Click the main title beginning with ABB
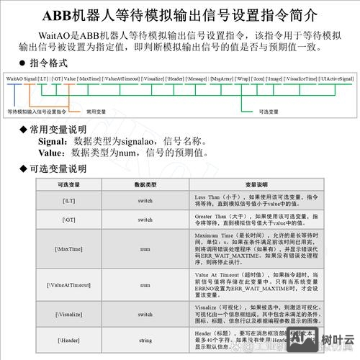pyautogui.click(x=179, y=15)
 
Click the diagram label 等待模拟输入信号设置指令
pyautogui.click(x=37, y=112)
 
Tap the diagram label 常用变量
pyautogui.click(x=96, y=112)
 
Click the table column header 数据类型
pyautogui.click(x=145, y=185)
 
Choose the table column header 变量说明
pyautogui.click(x=256, y=185)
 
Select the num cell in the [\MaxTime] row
pyautogui.click(x=145, y=248)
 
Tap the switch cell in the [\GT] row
pyautogui.click(x=145, y=220)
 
